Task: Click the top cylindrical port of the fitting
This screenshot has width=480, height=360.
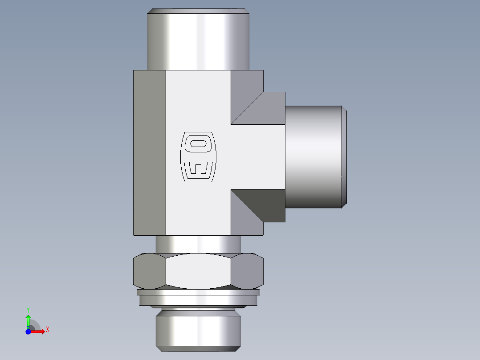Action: coord(198,40)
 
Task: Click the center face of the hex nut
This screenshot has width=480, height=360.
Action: coord(198,270)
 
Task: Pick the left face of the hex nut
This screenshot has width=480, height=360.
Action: coord(150,270)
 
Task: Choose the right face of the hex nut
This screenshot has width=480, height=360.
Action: coord(247,270)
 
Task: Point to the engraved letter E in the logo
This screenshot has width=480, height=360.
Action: coord(198,169)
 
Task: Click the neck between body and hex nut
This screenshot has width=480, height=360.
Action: coord(198,244)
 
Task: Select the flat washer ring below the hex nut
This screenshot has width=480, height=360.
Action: coord(198,299)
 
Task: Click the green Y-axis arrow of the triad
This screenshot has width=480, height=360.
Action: coord(28,320)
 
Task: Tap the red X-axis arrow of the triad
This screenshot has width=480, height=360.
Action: coord(38,331)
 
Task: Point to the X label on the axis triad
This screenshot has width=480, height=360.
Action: coord(47,330)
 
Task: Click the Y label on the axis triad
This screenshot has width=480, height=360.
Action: coord(28,309)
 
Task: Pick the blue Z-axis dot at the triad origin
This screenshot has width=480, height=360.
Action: coord(28,331)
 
